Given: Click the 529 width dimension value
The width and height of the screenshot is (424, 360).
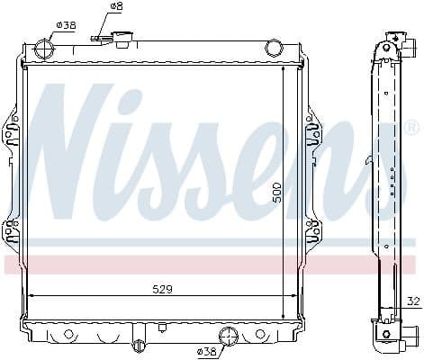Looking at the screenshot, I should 162,289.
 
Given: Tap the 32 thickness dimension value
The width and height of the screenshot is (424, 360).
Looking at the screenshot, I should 413,301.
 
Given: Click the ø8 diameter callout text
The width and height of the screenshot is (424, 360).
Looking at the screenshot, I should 116,6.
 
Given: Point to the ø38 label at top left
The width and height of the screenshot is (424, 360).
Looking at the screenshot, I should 66,25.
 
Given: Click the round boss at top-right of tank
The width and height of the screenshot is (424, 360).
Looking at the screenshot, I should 274,48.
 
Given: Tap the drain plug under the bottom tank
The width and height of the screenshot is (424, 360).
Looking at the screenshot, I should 138,346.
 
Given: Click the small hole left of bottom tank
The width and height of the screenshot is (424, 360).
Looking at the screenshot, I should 67,334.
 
